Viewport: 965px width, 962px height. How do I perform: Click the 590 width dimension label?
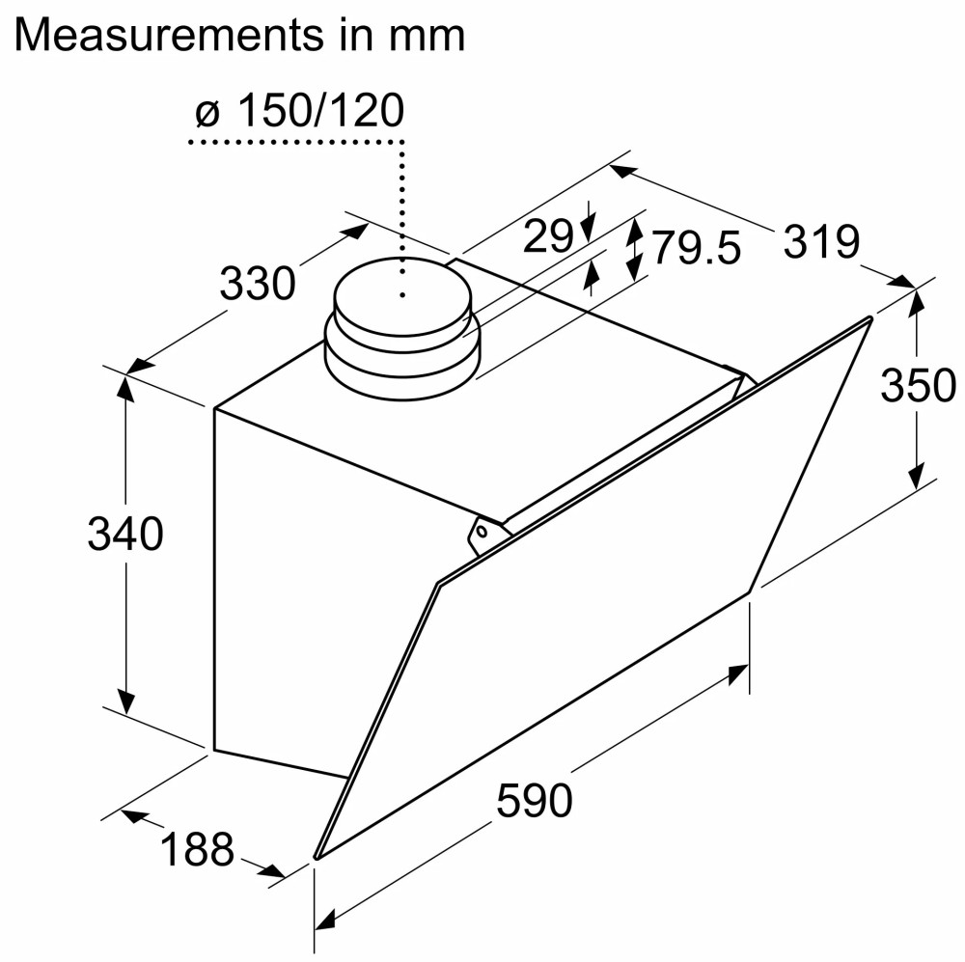click(535, 800)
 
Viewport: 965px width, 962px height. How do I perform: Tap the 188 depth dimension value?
click(198, 849)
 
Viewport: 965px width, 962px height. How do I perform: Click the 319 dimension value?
click(821, 241)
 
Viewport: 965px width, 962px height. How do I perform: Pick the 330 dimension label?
click(258, 283)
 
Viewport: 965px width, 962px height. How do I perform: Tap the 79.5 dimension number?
click(696, 248)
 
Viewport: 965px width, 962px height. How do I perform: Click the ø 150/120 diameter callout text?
click(300, 111)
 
